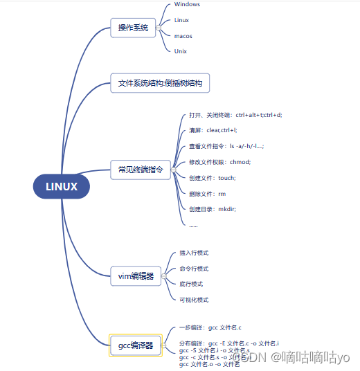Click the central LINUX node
click(x=62, y=186)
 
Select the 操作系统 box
click(x=133, y=28)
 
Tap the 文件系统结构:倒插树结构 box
click(x=160, y=84)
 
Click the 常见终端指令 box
click(x=141, y=170)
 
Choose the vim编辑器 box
click(x=136, y=276)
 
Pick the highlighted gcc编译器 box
click(x=136, y=345)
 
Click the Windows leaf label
click(x=187, y=4)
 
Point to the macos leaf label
click(x=183, y=36)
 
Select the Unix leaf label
click(x=181, y=51)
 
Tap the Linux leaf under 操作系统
click(x=181, y=21)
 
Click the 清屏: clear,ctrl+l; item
click(x=213, y=130)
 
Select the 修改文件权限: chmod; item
click(x=219, y=162)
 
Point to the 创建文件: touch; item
click(x=212, y=178)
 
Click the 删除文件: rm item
click(x=207, y=194)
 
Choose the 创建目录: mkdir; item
click(x=212, y=209)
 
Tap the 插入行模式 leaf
click(x=194, y=253)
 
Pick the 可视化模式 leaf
click(x=194, y=300)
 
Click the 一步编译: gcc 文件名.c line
click(x=210, y=327)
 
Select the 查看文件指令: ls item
click(x=226, y=146)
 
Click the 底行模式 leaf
click(x=191, y=284)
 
